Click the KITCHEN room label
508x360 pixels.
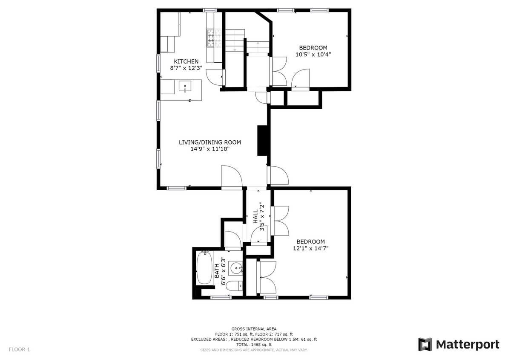click(186, 61)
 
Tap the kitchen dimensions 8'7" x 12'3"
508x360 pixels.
click(186, 68)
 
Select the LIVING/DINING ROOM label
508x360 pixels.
click(210, 142)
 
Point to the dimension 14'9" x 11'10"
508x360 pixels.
click(210, 149)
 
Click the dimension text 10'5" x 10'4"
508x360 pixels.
click(313, 54)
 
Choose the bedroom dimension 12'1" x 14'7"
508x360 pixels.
click(310, 248)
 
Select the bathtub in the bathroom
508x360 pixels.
click(205, 268)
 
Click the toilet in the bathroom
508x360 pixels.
click(234, 286)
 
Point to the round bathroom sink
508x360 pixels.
click(235, 268)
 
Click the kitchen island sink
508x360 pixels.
click(186, 87)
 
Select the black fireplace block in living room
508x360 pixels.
click(262, 141)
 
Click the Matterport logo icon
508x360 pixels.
click(425, 344)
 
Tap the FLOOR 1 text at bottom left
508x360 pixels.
click(19, 350)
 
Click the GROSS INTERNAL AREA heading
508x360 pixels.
click(254, 329)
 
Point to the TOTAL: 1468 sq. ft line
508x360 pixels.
click(254, 344)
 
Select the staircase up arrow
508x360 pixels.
click(258, 44)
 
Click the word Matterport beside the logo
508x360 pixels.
click(467, 344)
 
